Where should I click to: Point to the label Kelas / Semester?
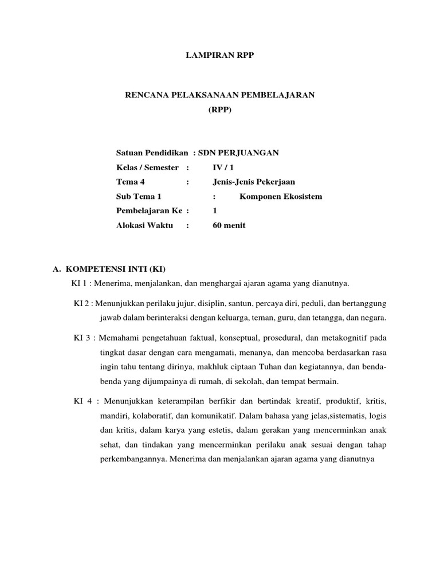(x=147, y=167)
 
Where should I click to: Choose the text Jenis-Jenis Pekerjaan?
(x=253, y=182)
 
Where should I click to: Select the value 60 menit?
(x=229, y=225)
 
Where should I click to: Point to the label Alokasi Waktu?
(x=144, y=225)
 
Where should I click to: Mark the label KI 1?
(x=80, y=283)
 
